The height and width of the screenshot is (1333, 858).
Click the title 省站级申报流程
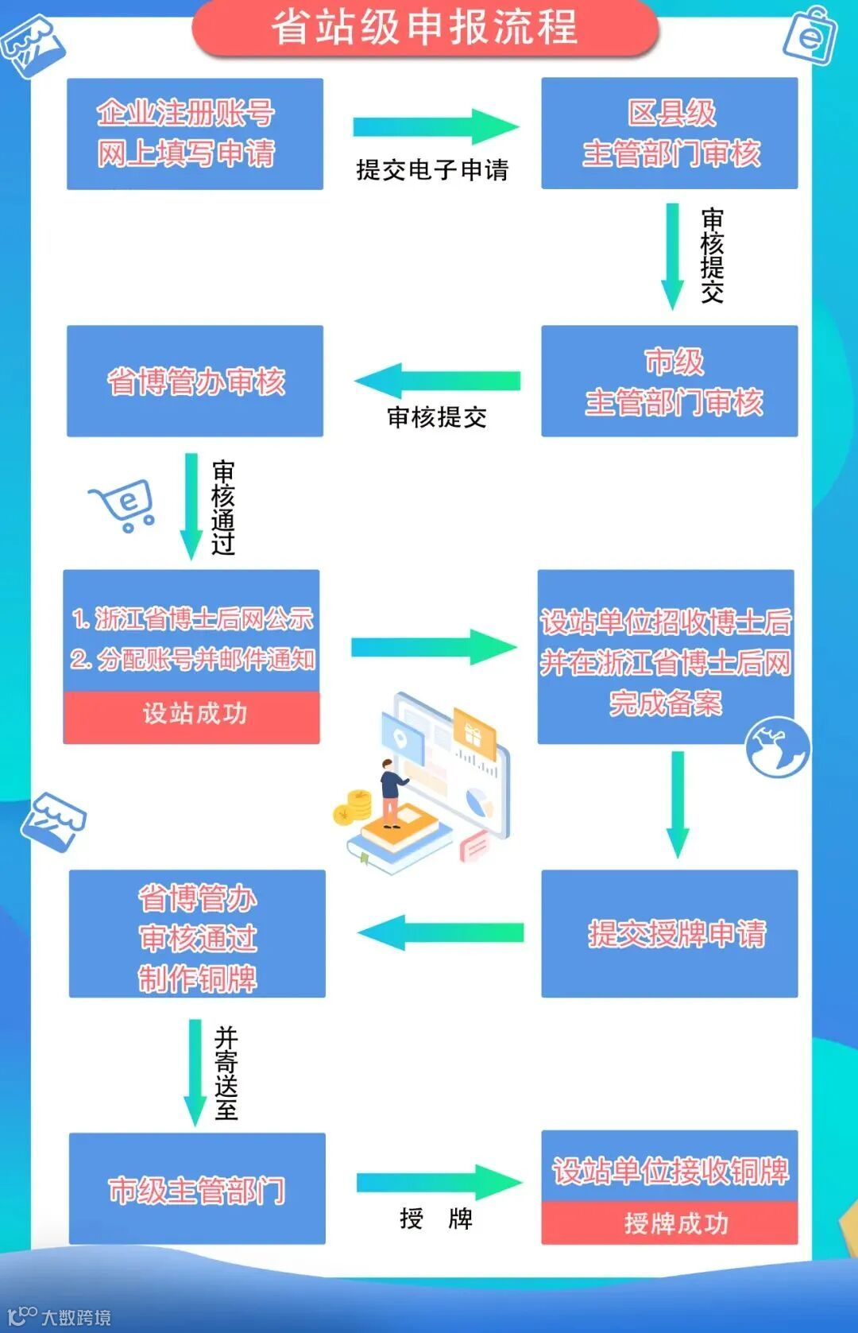tap(425, 28)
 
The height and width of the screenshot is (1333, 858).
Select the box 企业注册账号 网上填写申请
tap(195, 134)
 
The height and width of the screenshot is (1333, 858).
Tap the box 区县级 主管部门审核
tap(669, 134)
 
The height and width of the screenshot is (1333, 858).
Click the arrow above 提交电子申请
tap(435, 126)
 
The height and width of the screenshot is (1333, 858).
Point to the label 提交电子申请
tap(431, 170)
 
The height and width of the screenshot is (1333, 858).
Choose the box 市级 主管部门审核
tap(669, 381)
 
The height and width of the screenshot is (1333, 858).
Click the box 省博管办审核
tap(195, 381)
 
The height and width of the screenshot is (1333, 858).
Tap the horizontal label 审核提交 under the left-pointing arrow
tap(436, 417)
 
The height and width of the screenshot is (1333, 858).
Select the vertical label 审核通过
tap(223, 507)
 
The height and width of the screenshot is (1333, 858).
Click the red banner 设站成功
tap(191, 714)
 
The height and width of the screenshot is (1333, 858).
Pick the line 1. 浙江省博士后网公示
tap(192, 618)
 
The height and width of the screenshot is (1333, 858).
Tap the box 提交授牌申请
tap(669, 933)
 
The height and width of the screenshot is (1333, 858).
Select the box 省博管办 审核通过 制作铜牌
tap(197, 933)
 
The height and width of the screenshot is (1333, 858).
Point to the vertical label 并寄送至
tap(226, 1072)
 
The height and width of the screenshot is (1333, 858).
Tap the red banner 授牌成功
tap(669, 1223)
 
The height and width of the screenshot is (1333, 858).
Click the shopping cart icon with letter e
tap(124, 505)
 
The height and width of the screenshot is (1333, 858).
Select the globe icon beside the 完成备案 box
tap(777, 747)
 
